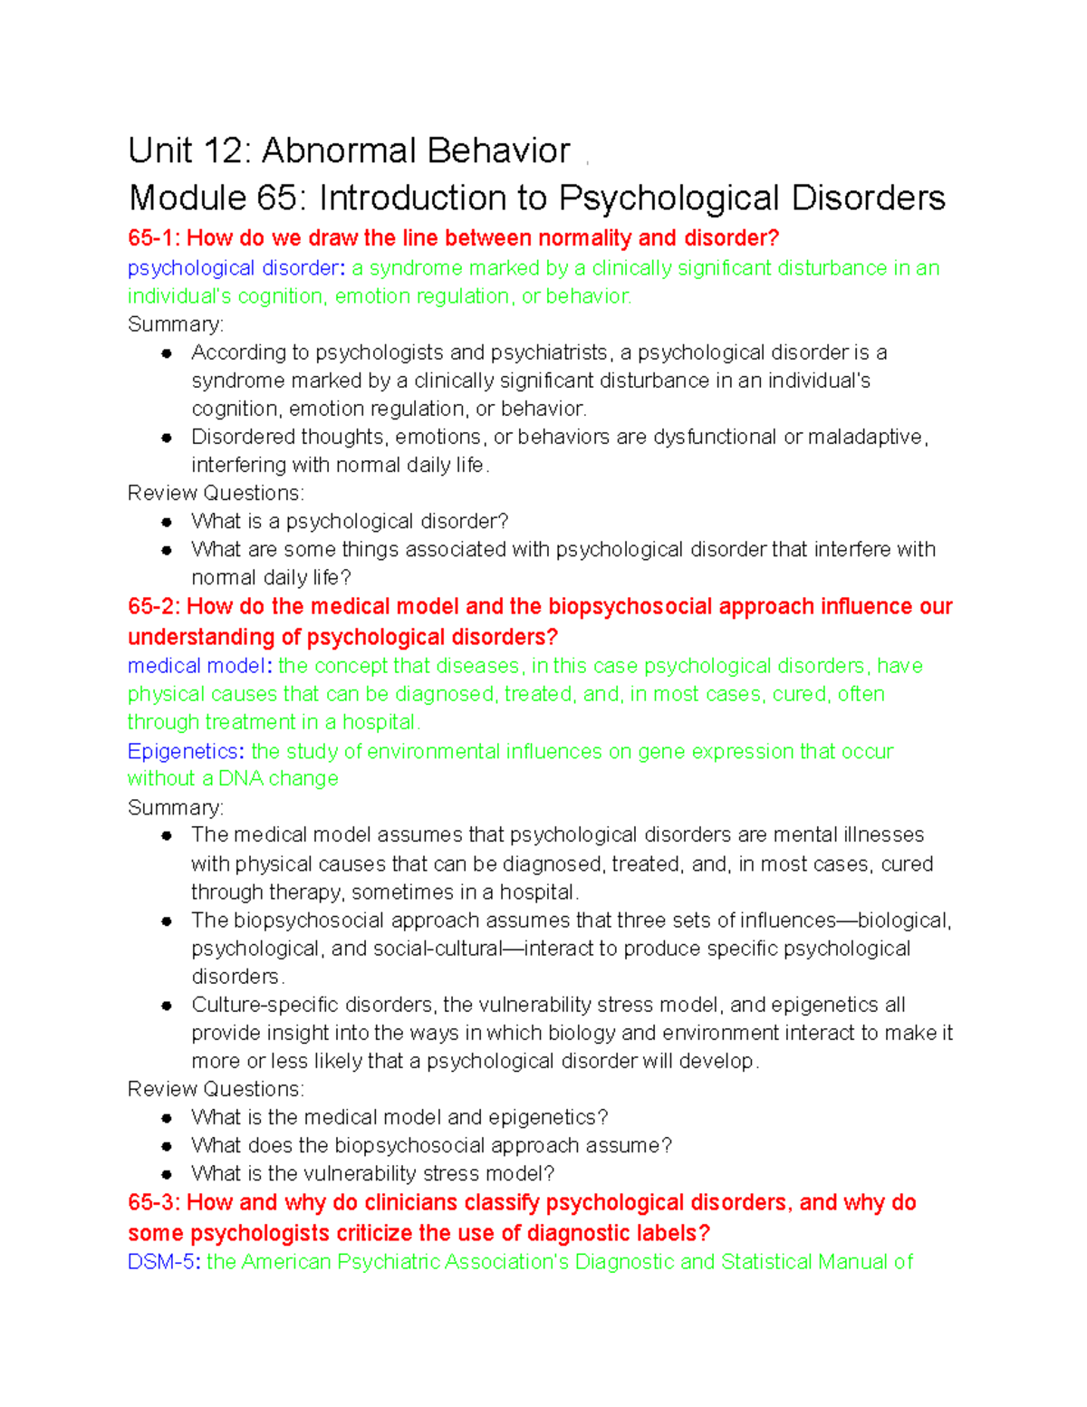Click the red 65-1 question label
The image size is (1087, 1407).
[x=153, y=238]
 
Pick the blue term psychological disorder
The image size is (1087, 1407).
[x=233, y=268]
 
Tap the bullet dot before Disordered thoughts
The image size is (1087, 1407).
[x=167, y=438]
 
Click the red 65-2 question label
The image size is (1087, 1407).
[x=153, y=606]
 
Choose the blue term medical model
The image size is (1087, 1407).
[x=197, y=666]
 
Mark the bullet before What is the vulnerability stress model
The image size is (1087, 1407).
[x=167, y=1174]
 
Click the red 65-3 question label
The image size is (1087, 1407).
[x=153, y=1202]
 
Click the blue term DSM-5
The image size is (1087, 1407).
[x=160, y=1262]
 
